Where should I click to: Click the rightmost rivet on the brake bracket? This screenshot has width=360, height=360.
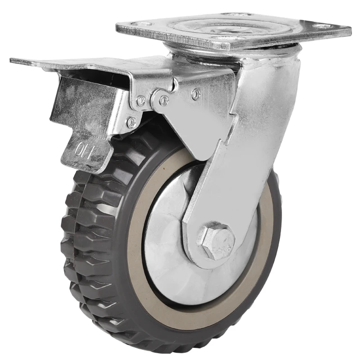(196, 94)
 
